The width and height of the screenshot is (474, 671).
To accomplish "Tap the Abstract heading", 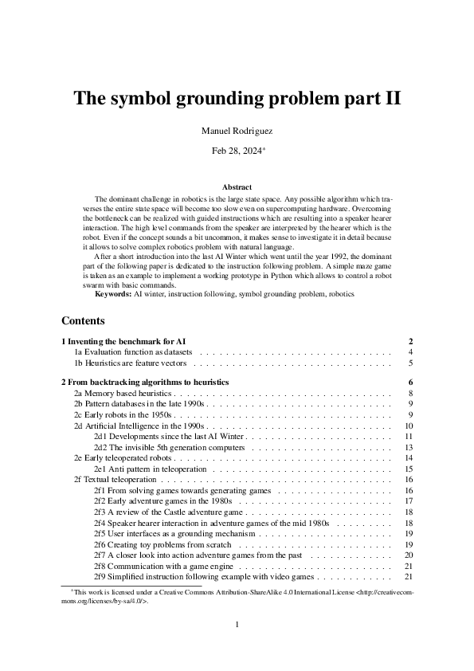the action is pyautogui.click(x=237, y=186).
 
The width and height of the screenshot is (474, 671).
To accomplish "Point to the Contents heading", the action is pyautogui.click(x=83, y=321).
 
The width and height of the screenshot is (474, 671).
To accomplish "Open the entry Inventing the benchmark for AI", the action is pyautogui.click(x=123, y=340).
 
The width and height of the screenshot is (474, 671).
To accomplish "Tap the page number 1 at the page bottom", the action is pyautogui.click(x=237, y=625).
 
